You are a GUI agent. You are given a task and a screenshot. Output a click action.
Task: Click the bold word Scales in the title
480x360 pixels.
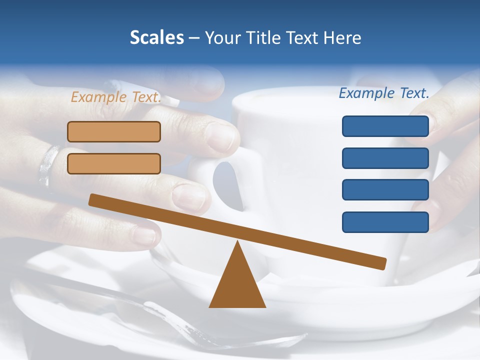tap(157, 37)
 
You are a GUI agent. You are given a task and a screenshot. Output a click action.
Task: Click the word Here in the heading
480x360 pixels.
tap(342, 37)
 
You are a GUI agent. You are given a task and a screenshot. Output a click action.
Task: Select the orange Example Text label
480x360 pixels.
tap(116, 97)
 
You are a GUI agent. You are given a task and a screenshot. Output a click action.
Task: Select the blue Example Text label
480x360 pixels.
tap(384, 93)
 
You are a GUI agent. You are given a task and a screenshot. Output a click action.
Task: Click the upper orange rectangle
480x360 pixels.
tap(114, 131)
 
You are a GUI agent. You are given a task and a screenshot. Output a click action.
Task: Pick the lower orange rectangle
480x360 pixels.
tap(114, 163)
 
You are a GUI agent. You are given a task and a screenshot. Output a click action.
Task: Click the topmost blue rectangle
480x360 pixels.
tap(385, 126)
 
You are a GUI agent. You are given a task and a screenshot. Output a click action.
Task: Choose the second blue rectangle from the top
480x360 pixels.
tap(385, 158)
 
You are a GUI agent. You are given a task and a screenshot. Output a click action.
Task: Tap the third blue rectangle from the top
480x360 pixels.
tap(385, 190)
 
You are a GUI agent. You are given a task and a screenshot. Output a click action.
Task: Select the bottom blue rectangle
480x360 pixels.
tap(385, 222)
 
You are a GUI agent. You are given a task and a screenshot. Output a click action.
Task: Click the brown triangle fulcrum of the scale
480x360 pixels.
tap(237, 285)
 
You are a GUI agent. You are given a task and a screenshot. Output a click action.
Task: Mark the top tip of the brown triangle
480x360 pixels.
tap(237, 243)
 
